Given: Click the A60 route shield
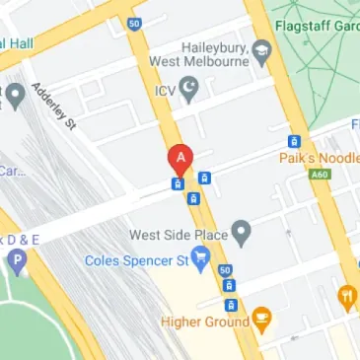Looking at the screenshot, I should [319, 175].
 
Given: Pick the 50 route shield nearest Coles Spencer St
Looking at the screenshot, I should [225, 269].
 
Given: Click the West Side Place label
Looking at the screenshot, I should [179, 235].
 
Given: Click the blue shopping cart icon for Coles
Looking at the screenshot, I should [202, 260].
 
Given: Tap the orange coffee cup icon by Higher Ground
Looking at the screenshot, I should [261, 318].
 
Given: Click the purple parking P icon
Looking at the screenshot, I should [17, 263].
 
